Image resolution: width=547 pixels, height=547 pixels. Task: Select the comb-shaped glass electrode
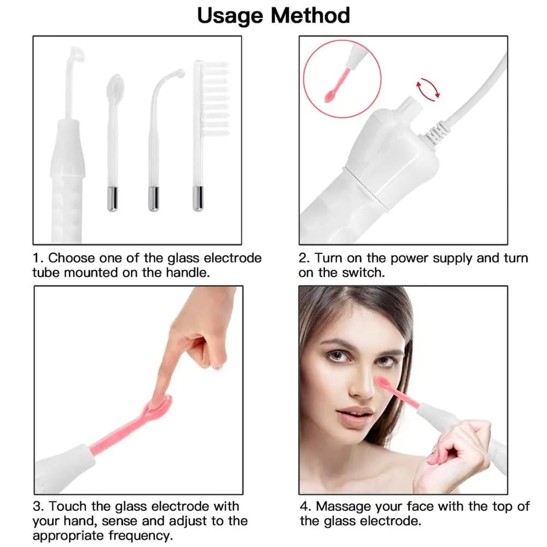point(211,98)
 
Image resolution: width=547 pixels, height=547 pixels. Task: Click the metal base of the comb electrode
point(198,198)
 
